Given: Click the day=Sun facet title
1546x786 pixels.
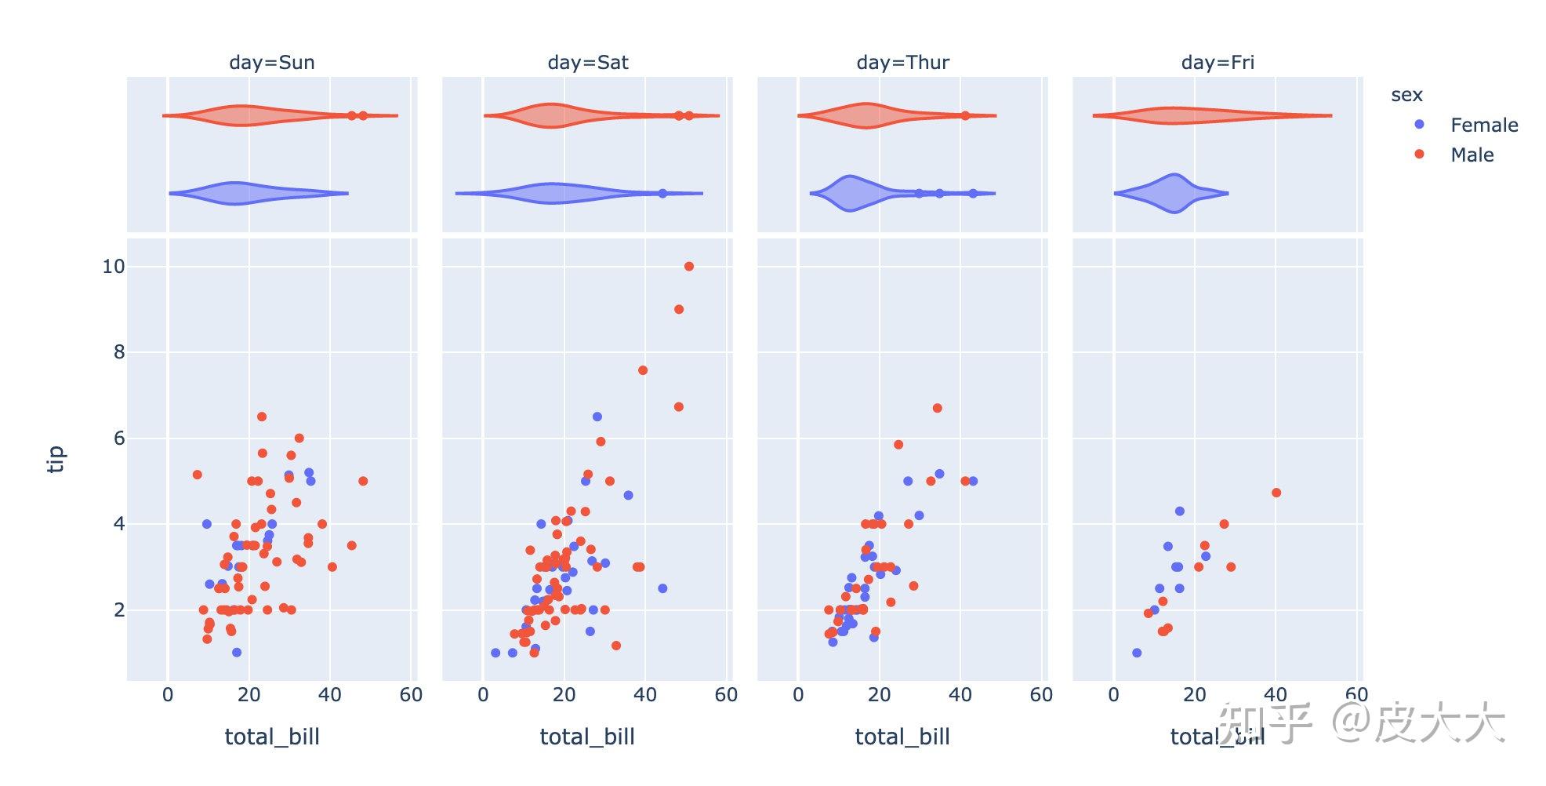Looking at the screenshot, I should tap(271, 63).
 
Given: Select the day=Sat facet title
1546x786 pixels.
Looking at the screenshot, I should tap(588, 63).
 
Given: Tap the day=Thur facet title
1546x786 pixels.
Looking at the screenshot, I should tap(902, 63).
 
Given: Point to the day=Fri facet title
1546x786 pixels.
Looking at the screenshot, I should tap(1218, 63).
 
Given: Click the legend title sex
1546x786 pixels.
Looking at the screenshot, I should tap(1406, 96).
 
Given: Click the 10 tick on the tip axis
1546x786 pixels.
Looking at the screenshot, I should tap(114, 267).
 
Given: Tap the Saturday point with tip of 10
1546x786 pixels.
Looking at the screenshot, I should tap(689, 267).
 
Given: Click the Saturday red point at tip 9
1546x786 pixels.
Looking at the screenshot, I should tap(679, 310).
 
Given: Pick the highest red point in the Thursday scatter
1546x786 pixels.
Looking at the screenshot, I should tap(937, 409).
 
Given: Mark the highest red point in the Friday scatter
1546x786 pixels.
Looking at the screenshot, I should tap(1276, 493).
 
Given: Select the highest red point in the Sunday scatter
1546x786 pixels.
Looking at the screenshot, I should tap(262, 417).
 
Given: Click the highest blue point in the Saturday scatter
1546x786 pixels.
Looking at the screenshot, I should tap(597, 417).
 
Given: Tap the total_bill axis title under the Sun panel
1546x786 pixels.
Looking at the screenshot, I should tap(271, 737).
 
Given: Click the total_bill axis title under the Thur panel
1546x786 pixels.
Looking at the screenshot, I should tap(902, 737).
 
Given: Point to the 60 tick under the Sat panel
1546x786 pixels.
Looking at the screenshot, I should tap(726, 695).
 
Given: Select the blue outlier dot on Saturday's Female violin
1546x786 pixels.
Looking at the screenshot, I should tap(662, 193).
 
